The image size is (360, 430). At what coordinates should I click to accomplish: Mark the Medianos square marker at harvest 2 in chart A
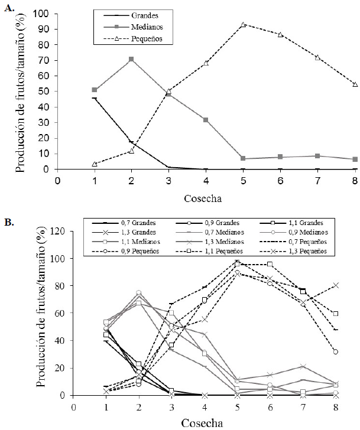(131, 59)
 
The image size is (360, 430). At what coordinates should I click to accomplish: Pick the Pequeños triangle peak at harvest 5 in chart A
(244, 24)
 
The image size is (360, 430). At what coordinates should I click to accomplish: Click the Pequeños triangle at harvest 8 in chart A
(355, 84)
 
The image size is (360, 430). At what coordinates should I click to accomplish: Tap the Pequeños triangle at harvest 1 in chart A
(95, 164)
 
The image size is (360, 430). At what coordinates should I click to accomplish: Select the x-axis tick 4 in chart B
(205, 407)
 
